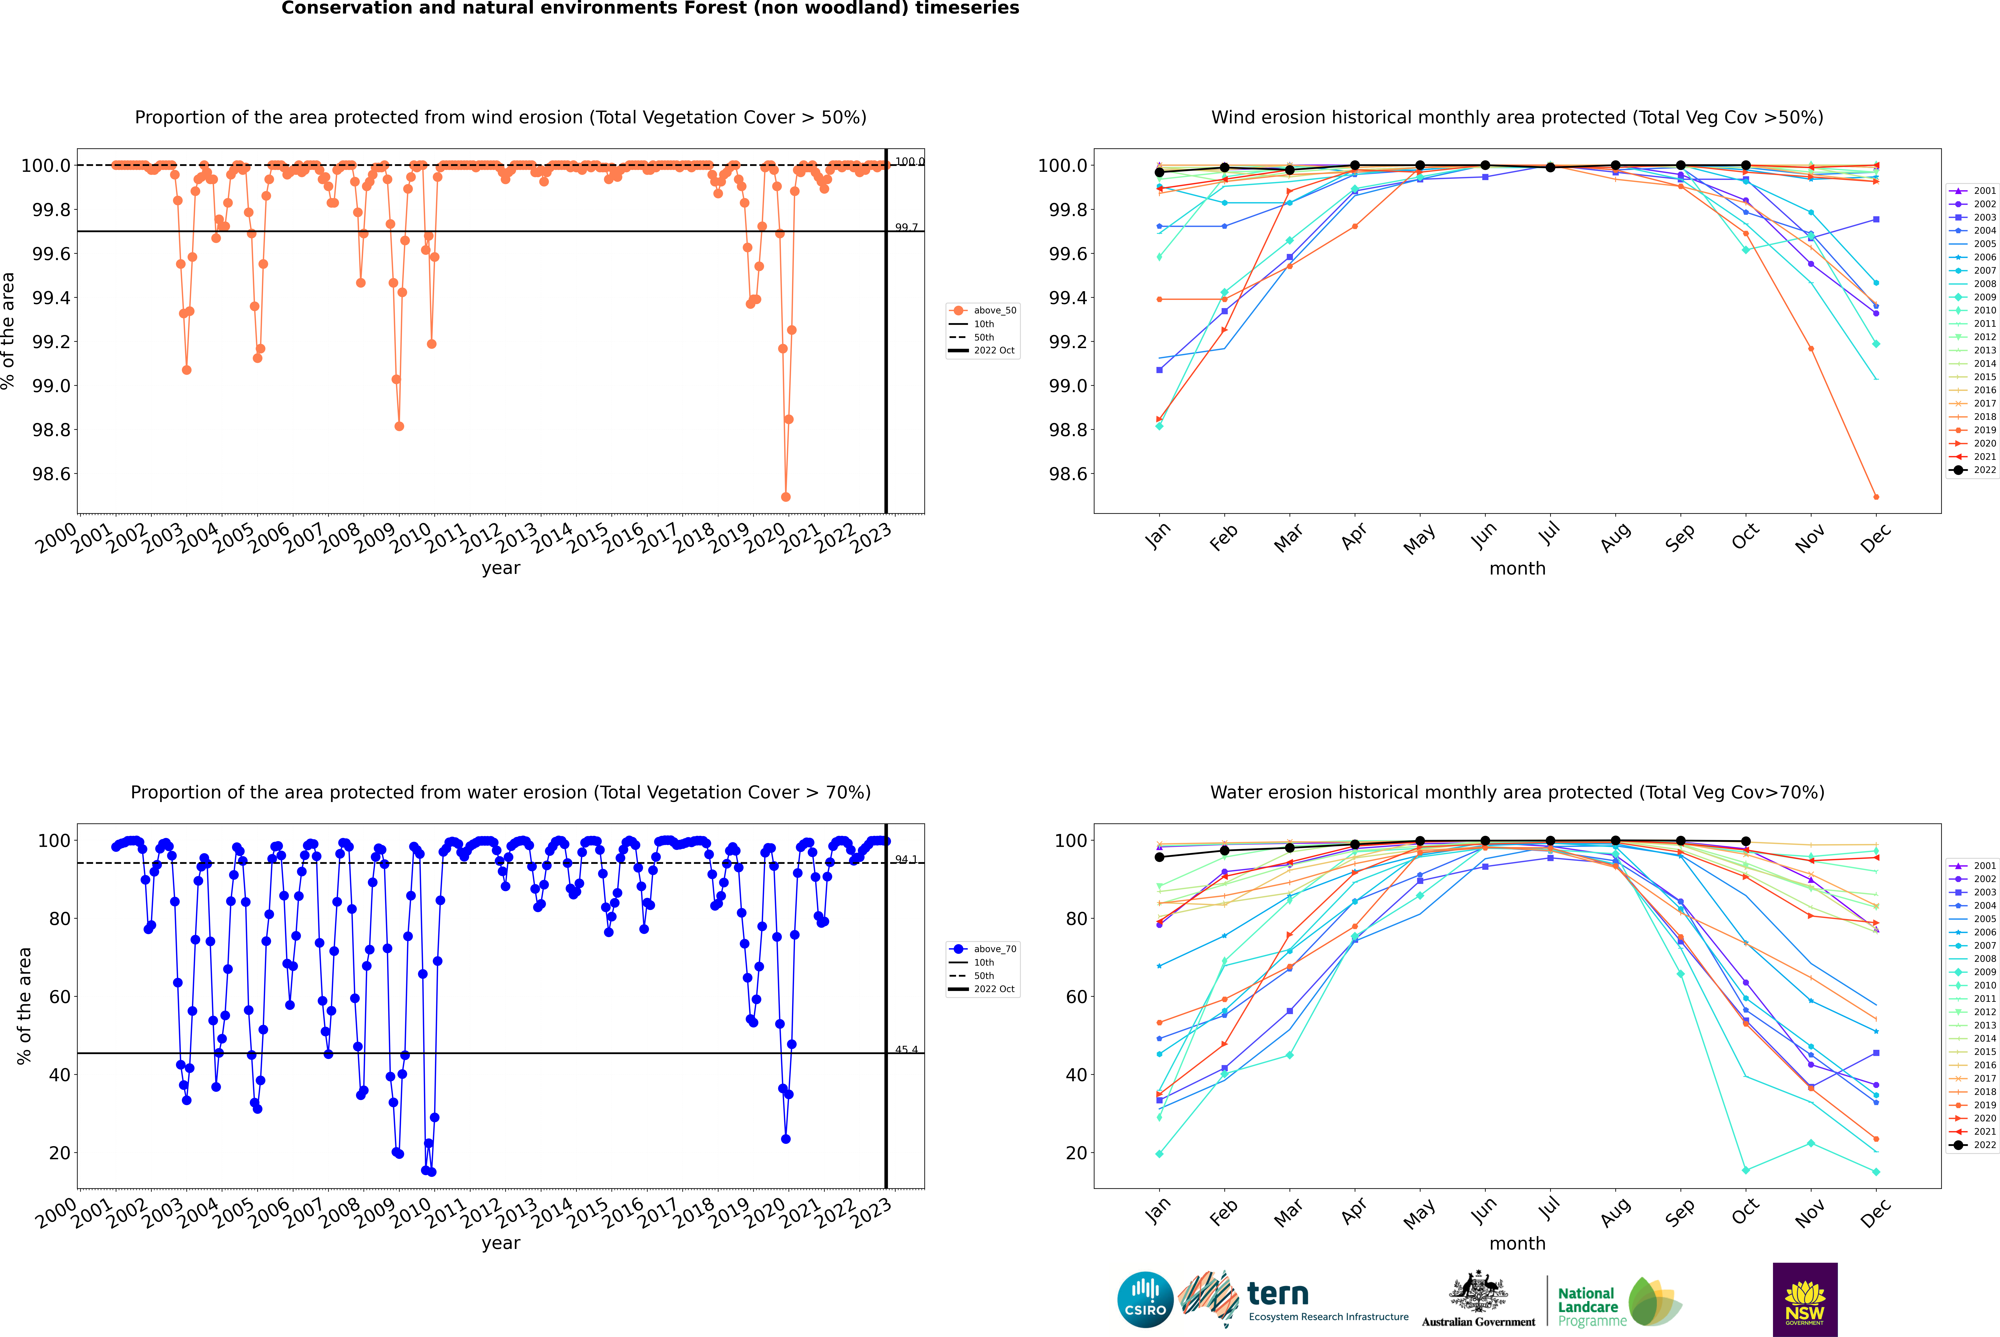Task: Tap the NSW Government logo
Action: (1805, 1300)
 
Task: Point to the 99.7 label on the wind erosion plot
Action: (906, 228)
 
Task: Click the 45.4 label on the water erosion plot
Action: (906, 1050)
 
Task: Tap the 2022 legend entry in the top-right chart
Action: (1984, 470)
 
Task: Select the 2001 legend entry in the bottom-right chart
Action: (1984, 866)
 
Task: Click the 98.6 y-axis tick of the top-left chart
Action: (51, 474)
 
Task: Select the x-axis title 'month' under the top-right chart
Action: (1517, 569)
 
